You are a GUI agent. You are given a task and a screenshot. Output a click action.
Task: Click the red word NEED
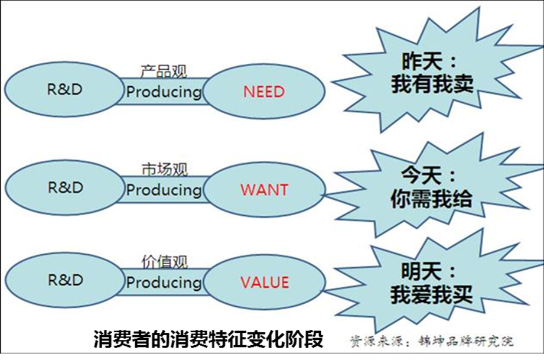tap(264, 92)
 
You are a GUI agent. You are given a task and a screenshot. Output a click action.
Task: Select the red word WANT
tap(265, 190)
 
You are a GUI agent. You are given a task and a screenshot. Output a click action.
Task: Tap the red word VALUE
tap(265, 282)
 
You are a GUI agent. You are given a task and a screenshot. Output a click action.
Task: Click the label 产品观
tap(164, 71)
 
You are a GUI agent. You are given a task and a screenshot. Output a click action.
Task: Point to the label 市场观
tap(164, 170)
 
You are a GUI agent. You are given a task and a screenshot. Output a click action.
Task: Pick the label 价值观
tap(164, 262)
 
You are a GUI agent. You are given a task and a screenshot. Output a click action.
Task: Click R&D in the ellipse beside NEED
tap(65, 90)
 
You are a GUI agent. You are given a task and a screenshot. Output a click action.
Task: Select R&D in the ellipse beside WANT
tap(66, 187)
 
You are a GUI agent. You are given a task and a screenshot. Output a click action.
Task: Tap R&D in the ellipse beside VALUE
tap(66, 280)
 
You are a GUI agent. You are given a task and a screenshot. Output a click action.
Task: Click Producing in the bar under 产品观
tap(164, 92)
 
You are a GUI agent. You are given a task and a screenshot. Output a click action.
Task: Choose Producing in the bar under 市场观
tap(164, 190)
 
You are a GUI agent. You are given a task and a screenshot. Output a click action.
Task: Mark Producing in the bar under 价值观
tap(164, 283)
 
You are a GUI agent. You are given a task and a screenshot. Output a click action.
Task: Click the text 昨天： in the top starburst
tap(429, 61)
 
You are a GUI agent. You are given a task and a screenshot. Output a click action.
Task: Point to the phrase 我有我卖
tap(432, 84)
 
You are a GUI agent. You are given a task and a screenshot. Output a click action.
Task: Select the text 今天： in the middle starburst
tap(428, 176)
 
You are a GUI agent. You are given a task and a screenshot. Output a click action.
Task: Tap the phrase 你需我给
tap(431, 199)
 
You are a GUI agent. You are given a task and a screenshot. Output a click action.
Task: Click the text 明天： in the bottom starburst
tap(428, 271)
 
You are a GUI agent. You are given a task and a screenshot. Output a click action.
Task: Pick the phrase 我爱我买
tap(431, 294)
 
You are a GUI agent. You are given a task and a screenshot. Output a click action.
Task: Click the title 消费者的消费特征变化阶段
tap(209, 339)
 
